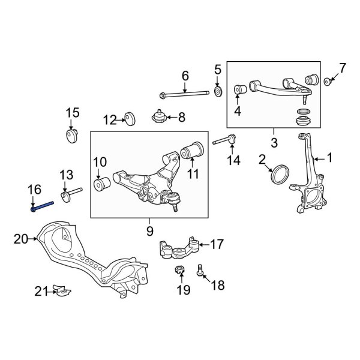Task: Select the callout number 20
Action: (21, 239)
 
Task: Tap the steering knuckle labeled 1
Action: (308, 180)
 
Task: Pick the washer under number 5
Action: (218, 91)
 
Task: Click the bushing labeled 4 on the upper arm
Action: (240, 90)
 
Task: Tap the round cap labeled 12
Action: (128, 119)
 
